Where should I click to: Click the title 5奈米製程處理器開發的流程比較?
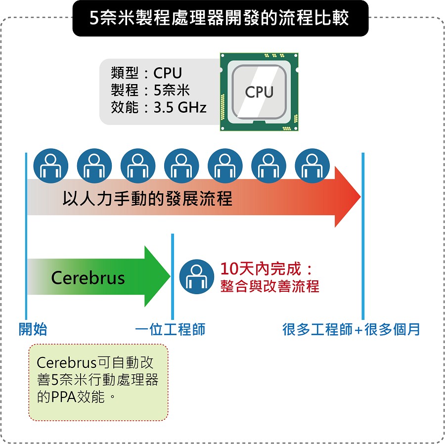click(220, 18)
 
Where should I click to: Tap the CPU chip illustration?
click(259, 92)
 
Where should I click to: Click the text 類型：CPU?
click(147, 73)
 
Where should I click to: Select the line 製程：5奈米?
click(150, 90)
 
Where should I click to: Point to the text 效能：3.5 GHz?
click(159, 107)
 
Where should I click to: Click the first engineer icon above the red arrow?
click(50, 166)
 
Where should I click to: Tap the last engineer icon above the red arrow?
click(312, 166)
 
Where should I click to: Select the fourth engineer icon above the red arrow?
click(181, 166)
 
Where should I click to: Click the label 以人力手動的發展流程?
click(147, 199)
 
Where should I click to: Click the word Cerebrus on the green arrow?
click(88, 278)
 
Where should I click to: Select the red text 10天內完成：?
click(267, 269)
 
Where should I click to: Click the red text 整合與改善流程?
click(269, 286)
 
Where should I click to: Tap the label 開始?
click(33, 329)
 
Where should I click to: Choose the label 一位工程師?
click(170, 329)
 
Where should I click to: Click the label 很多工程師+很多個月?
click(351, 329)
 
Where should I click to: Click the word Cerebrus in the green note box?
click(66, 363)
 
